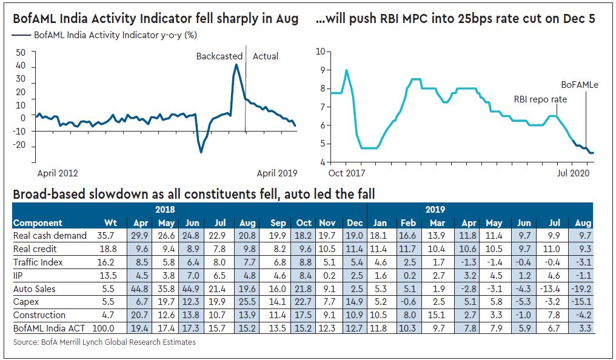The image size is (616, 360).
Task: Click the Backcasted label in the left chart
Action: click(219, 56)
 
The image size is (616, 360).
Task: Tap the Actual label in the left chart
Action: click(266, 56)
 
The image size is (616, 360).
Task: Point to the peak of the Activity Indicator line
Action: click(236, 65)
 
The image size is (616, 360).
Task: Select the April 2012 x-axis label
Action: click(58, 173)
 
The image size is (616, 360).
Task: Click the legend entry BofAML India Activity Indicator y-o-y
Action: click(110, 36)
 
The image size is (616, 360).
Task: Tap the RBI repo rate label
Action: click(540, 99)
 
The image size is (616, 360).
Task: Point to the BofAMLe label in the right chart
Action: click(579, 85)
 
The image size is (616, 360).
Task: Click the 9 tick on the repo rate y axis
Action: click(321, 70)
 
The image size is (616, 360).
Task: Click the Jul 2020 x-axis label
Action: click(575, 173)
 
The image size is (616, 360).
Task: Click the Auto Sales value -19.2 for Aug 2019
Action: click(581, 288)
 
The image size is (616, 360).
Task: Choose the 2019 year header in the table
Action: click(434, 210)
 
